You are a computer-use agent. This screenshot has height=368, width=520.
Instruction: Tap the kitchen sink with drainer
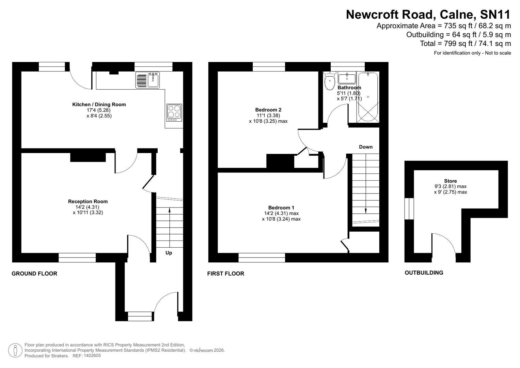point(147,80)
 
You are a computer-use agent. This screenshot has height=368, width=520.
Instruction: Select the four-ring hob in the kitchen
point(174,112)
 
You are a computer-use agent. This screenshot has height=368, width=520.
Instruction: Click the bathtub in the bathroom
point(368,97)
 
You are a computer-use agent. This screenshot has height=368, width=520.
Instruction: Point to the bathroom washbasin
point(347,78)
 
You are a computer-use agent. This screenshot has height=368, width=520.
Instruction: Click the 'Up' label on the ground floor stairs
point(169,253)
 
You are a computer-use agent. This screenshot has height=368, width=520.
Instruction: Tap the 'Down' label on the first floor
point(366,147)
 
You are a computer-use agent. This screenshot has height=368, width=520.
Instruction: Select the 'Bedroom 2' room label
point(268,110)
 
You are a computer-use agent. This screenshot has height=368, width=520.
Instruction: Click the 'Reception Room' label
point(88,201)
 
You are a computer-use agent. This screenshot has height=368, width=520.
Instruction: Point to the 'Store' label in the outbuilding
point(450,181)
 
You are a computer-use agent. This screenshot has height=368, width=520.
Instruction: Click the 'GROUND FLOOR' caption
point(34,273)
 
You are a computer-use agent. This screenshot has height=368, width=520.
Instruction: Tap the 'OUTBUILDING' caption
point(424,273)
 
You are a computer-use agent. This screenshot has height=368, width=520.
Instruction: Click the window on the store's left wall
point(409,209)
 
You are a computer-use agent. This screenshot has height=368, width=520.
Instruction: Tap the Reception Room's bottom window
point(77,258)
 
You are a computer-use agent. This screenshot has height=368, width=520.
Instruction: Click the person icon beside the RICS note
point(15,350)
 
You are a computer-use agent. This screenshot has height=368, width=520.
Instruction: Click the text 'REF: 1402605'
point(86,356)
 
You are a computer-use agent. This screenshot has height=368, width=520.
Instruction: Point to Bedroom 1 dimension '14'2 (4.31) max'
point(281,213)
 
